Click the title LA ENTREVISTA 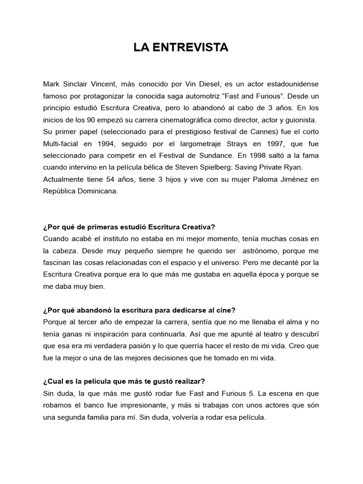coord(181,48)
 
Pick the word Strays coord(228,145)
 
